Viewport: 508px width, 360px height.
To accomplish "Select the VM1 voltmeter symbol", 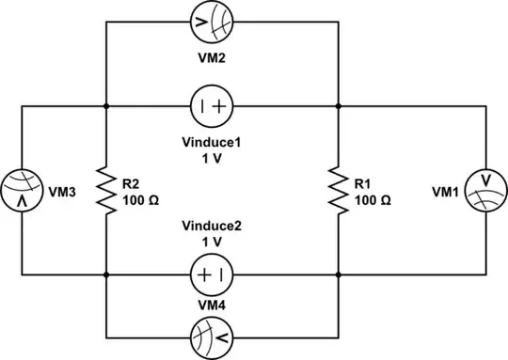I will pos(485,191).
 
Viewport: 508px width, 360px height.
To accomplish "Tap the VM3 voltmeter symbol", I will pos(21,190).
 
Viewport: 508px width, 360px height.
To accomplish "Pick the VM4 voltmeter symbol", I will pos(210,336).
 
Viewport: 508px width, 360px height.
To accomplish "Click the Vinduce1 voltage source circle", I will pos(210,106).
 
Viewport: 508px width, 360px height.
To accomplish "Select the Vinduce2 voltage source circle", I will pos(210,275).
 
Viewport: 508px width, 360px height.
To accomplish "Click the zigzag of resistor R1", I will pos(336,191).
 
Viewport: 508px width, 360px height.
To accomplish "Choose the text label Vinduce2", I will pos(211,226).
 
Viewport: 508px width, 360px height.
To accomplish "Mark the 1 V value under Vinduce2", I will pos(211,242).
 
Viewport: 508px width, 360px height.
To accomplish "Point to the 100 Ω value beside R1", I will pos(372,199).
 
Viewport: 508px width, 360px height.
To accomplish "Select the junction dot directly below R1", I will pos(336,275).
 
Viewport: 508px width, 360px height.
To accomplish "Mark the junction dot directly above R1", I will pos(336,106).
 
